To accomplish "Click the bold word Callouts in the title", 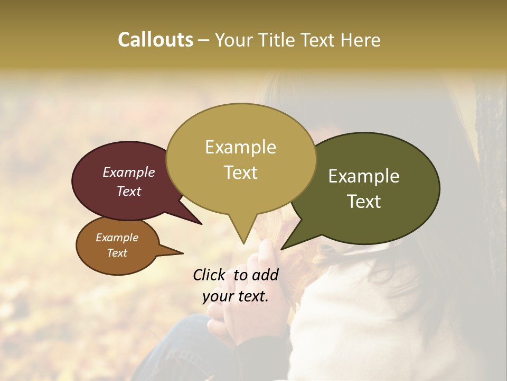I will (155, 40).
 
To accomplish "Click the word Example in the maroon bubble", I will (129, 172).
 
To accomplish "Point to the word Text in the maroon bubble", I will (129, 191).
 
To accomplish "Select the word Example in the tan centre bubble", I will (240, 147).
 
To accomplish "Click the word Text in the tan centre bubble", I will (240, 173).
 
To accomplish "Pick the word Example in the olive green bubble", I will (364, 176).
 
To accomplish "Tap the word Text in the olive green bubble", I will (364, 202).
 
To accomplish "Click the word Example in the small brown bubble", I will (117, 238).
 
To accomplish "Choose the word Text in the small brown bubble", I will (117, 253).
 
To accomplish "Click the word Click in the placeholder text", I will (209, 275).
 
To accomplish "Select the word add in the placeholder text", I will (266, 275).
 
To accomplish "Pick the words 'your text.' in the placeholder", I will (236, 296).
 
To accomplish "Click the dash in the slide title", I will (204, 40).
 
